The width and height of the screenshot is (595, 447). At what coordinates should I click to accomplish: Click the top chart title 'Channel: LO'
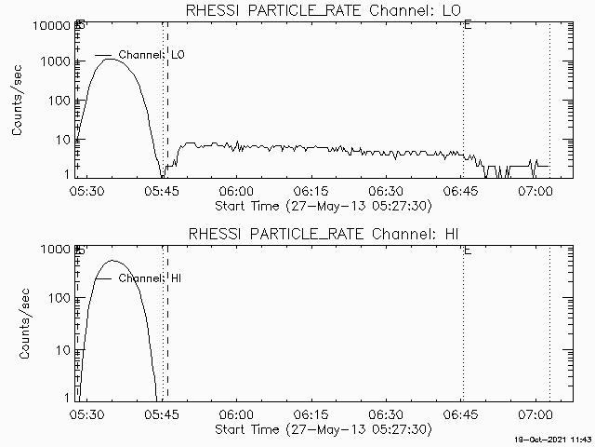pos(323,9)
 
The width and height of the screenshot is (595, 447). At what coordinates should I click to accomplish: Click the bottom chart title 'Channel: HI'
pos(323,233)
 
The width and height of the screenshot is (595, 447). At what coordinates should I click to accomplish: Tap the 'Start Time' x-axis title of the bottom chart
pos(323,430)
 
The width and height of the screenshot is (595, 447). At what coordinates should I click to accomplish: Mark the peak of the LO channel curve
pos(110,59)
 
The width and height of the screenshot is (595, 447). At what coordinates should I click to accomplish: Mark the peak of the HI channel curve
pos(112,261)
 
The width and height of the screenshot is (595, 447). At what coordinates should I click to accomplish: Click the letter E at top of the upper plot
pos(467,26)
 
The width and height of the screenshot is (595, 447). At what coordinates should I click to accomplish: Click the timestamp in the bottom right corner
pos(555,439)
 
